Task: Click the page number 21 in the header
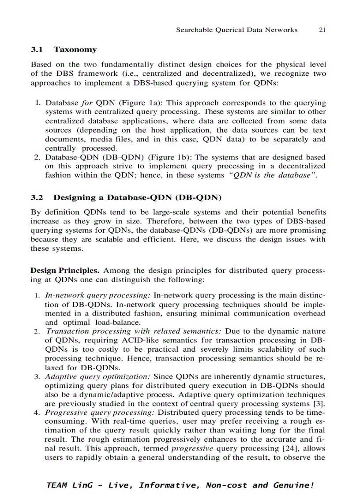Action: (322, 30)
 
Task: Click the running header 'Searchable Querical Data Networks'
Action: (236, 30)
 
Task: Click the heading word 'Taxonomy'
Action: (75, 50)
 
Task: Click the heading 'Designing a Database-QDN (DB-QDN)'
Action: (137, 197)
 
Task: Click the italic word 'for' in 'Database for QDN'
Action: (87, 103)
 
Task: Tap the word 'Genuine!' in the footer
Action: (295, 485)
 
